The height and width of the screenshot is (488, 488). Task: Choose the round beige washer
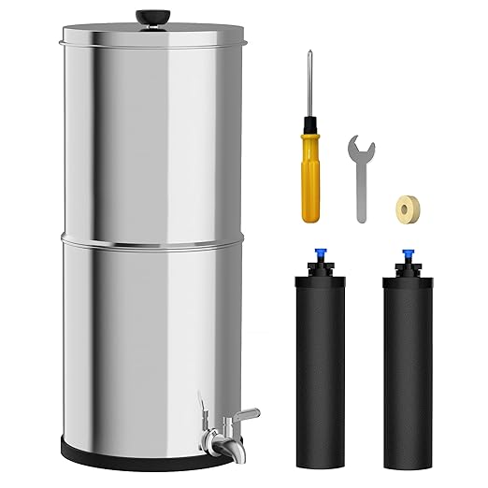[x=409, y=207]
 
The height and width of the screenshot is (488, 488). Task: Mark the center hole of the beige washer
[x=409, y=207]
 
